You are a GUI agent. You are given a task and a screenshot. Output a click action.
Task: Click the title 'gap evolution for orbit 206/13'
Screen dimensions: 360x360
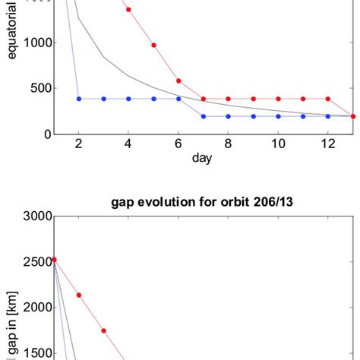[204, 201]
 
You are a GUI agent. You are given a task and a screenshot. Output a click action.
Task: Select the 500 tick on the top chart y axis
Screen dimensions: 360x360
[38, 88]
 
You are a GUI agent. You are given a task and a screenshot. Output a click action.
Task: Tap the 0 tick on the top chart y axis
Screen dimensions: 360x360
[46, 134]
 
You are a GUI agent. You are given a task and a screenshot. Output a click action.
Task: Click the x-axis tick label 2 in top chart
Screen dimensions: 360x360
[78, 146]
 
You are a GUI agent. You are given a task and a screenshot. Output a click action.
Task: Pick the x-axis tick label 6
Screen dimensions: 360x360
[178, 146]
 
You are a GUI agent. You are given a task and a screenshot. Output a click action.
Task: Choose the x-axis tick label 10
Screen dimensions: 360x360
[278, 146]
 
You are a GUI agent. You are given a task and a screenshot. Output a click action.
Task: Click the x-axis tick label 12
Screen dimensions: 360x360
[328, 146]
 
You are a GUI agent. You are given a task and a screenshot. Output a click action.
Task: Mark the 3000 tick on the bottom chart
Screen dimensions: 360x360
[34, 216]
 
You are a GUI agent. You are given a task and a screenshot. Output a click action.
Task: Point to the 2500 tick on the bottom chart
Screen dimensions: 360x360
[34, 262]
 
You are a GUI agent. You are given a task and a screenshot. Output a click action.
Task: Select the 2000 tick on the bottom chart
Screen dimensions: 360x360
[34, 308]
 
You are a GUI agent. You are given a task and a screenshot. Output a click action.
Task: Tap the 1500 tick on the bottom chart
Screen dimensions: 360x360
[34, 353]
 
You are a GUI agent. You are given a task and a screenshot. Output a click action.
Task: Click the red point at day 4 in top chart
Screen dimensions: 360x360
[128, 9]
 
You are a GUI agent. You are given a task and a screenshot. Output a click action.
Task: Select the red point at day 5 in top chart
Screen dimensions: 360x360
[153, 45]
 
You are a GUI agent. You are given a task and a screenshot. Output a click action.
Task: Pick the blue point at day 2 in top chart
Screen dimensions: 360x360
[78, 99]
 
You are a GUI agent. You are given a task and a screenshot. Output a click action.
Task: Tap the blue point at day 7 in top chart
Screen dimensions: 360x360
[204, 116]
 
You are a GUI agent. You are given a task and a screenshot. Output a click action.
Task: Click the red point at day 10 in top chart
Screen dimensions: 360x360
[278, 99]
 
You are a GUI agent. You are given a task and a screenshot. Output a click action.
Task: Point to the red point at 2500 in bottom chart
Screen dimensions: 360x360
[53, 260]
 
